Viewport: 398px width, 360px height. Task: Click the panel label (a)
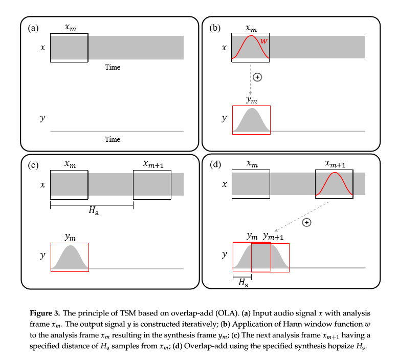[x=33, y=29]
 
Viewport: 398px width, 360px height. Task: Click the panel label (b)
[x=215, y=29]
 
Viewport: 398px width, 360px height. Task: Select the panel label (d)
[x=216, y=165]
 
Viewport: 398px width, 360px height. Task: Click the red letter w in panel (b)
[x=264, y=40]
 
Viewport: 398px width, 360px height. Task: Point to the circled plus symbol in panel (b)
[x=258, y=77]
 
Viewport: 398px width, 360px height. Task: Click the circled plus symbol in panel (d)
[x=306, y=222]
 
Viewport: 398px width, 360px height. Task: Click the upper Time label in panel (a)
[x=113, y=67]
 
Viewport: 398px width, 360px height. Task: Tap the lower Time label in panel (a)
[x=113, y=139]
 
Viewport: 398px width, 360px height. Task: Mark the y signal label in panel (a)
[x=42, y=118]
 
